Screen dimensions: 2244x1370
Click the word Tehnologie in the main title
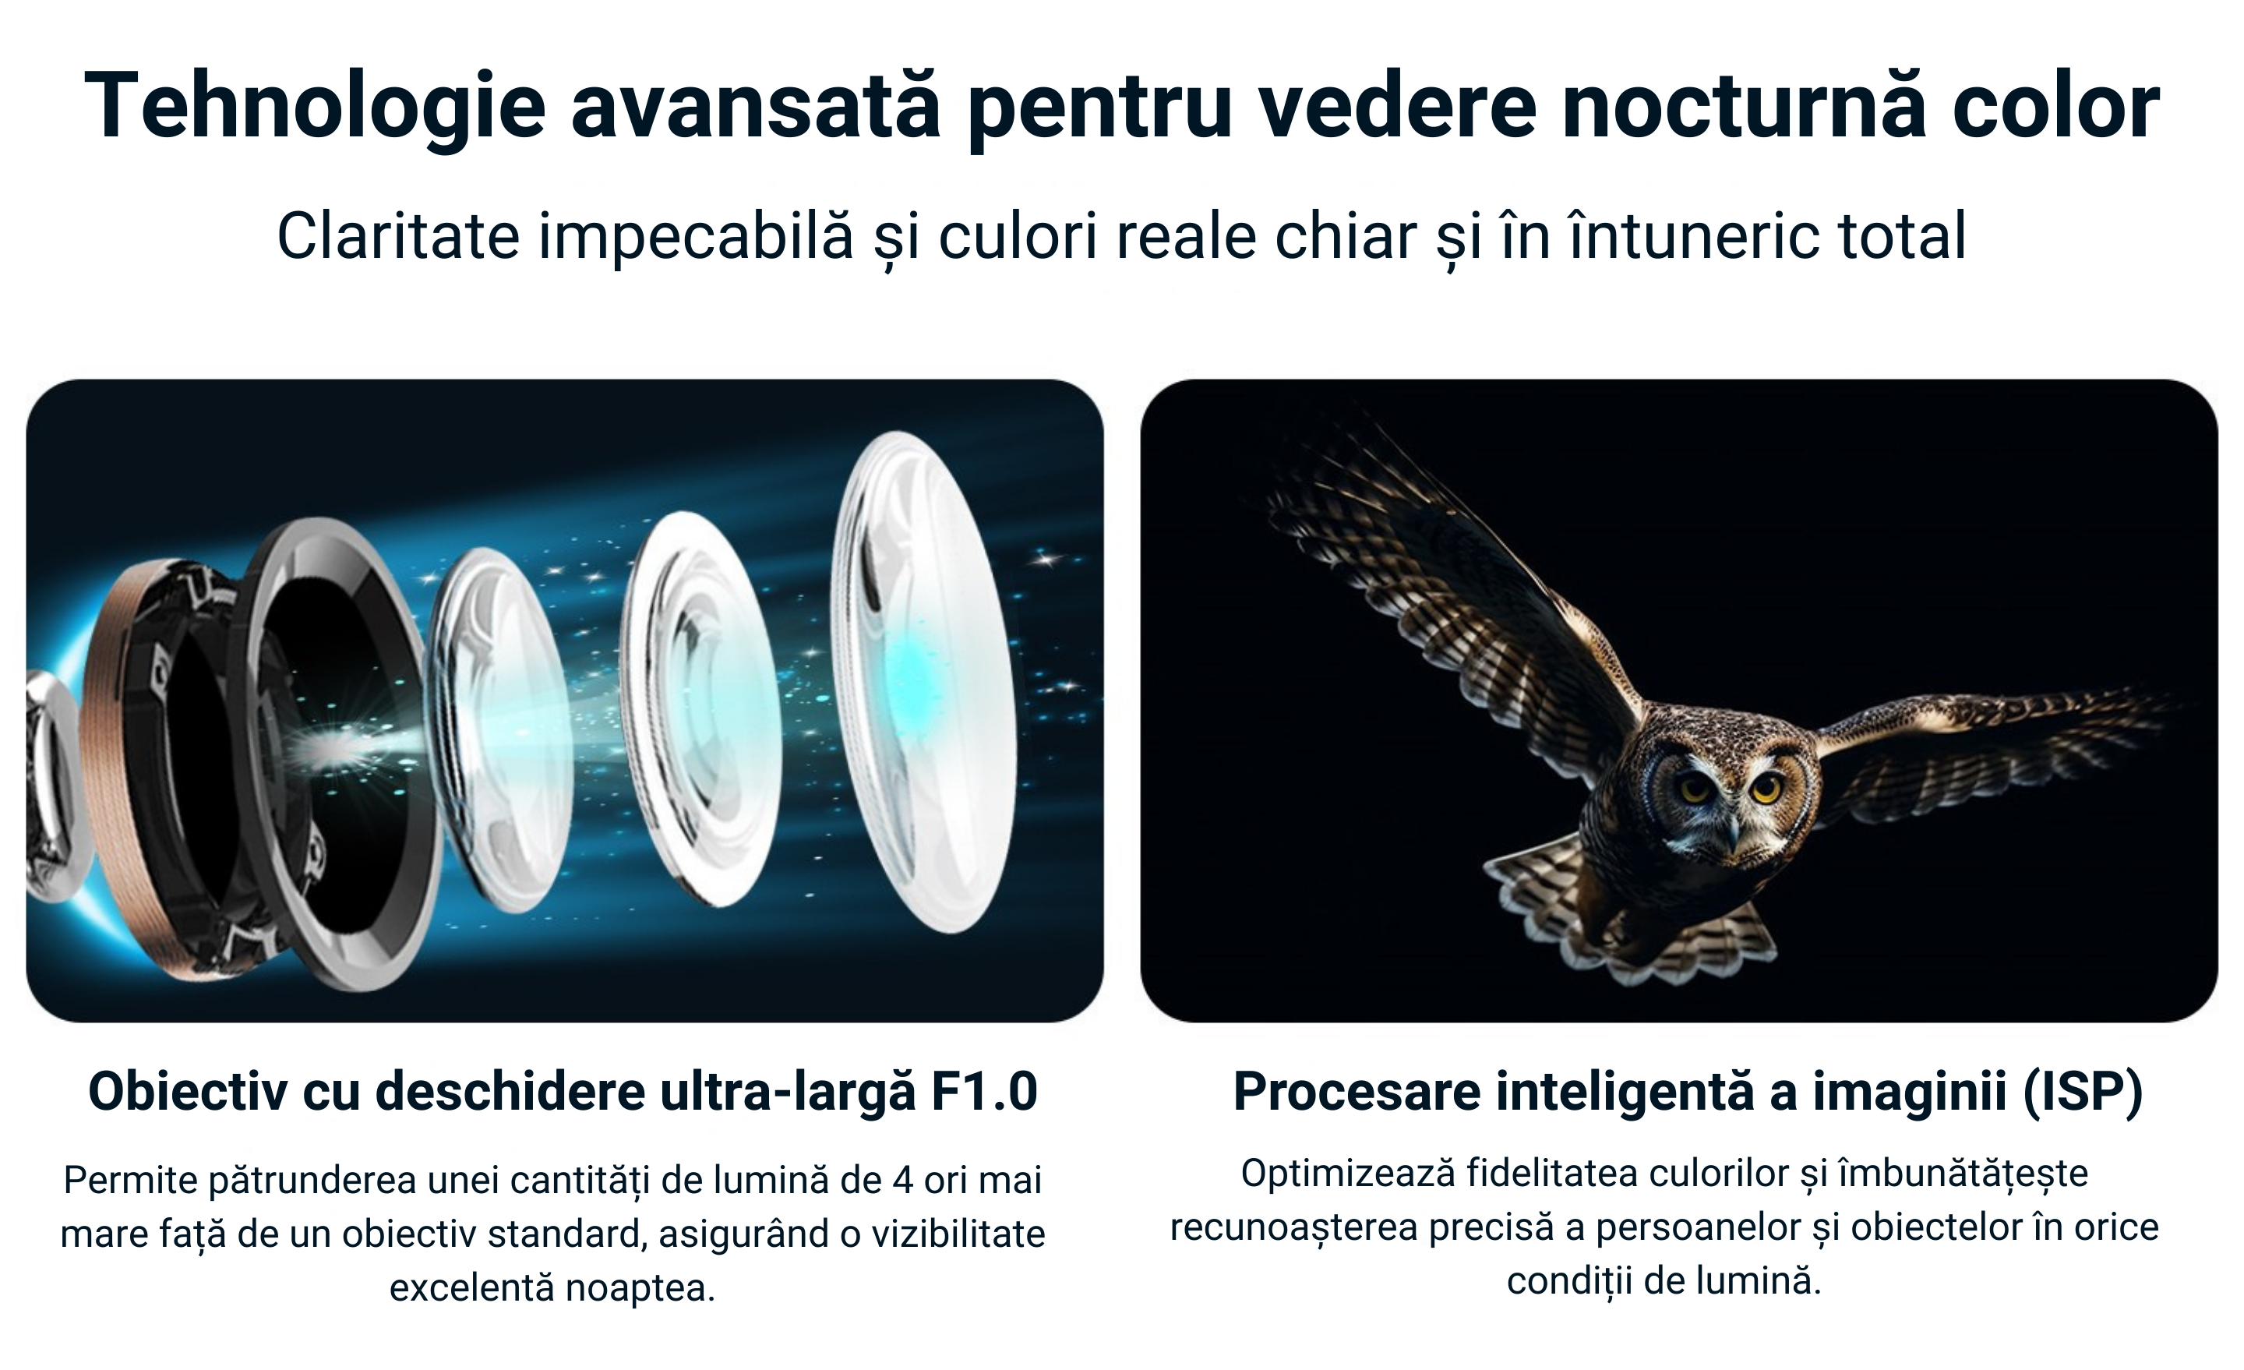tap(315, 108)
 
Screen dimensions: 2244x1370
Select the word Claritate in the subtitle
tap(398, 236)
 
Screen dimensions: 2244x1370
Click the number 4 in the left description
tap(902, 1181)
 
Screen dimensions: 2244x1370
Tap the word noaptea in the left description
tap(640, 1288)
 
